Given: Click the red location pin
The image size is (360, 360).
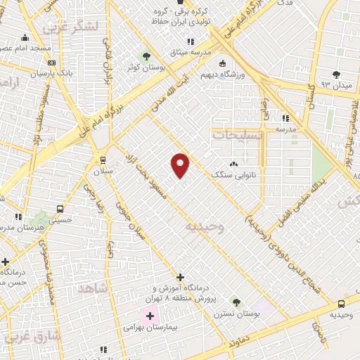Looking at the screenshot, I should pyautogui.click(x=181, y=165).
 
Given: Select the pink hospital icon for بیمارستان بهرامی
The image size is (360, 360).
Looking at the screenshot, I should pyautogui.click(x=149, y=316).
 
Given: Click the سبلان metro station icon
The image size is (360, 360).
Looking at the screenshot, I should pyautogui.click(x=103, y=160).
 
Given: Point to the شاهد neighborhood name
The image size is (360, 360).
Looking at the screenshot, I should pyautogui.click(x=92, y=289).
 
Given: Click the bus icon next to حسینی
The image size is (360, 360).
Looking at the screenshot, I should pyautogui.click(x=60, y=209).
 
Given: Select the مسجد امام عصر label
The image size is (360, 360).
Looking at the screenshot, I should pyautogui.click(x=25, y=49).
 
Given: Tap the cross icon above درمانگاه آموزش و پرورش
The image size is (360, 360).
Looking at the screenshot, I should pyautogui.click(x=180, y=277).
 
